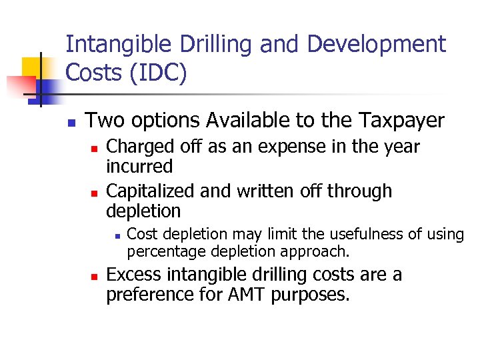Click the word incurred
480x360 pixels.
[139, 167]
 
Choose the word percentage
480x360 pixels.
[167, 251]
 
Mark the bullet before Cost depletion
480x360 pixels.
[116, 236]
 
